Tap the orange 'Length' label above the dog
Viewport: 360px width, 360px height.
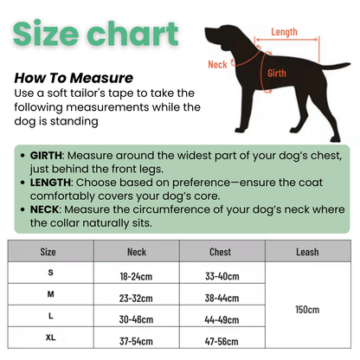[x=284, y=32]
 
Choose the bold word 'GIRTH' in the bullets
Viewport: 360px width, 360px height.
[x=47, y=155]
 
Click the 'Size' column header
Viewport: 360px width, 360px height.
[x=48, y=253]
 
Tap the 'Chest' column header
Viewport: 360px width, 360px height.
[x=220, y=253]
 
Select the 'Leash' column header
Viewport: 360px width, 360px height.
[x=306, y=253]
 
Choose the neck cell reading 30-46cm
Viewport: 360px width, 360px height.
[x=137, y=319]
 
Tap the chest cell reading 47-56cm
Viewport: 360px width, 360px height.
[x=221, y=340]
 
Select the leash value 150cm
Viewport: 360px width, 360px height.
[x=306, y=309]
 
